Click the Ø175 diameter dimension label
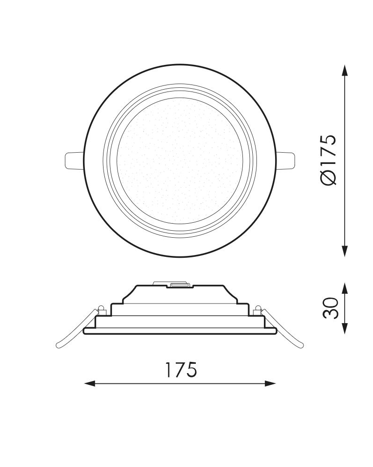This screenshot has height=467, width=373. click(x=328, y=160)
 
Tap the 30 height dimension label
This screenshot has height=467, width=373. click(x=330, y=308)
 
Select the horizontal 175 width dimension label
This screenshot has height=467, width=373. click(x=180, y=370)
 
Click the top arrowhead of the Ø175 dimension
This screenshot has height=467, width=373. click(x=345, y=70)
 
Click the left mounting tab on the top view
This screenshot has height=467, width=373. click(x=72, y=160)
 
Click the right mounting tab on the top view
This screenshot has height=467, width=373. click(x=288, y=160)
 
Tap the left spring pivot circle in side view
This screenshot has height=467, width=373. click(x=101, y=308)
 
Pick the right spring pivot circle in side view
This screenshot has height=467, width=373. click(x=259, y=308)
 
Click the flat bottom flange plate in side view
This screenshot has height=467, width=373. click(x=180, y=331)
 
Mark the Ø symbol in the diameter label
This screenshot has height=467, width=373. click(x=328, y=178)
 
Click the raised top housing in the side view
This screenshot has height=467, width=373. click(x=180, y=294)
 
